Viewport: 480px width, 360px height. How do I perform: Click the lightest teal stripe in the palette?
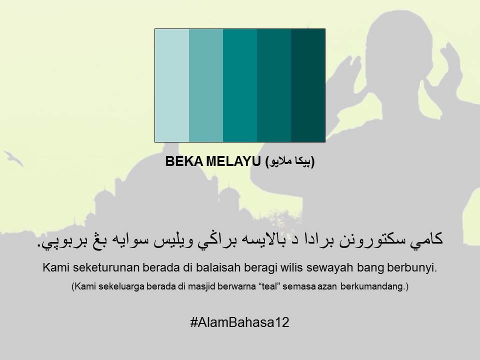[172, 85]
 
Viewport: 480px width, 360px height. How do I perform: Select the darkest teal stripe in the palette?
[308, 85]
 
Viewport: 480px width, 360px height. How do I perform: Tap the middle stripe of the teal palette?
[240, 85]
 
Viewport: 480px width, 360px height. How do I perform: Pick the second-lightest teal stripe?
[206, 85]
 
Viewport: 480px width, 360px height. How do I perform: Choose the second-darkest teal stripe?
[274, 85]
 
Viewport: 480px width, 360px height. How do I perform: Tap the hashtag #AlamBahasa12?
[240, 322]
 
